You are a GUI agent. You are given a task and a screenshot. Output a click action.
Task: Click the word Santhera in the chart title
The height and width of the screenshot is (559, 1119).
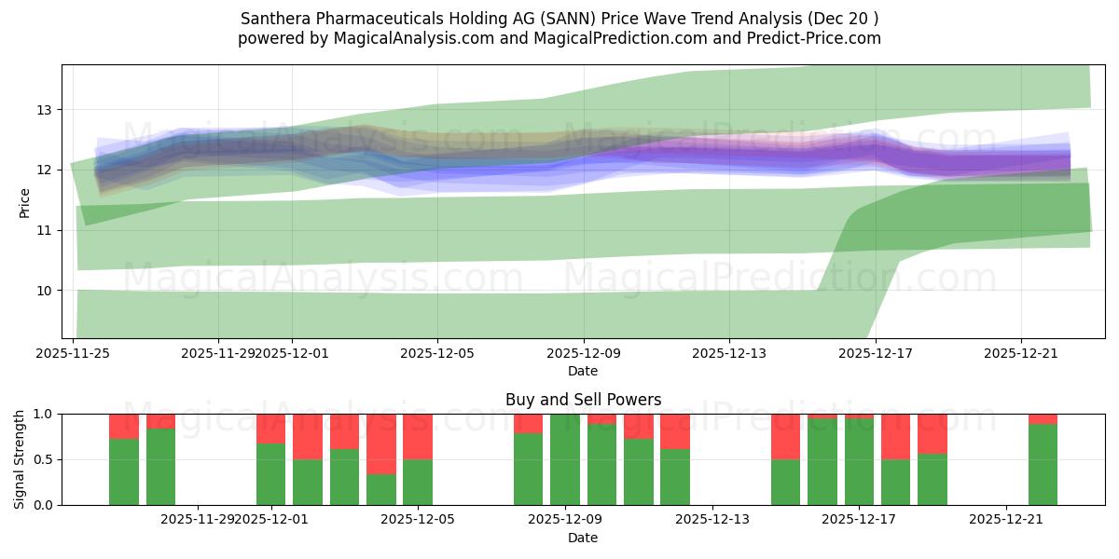click(x=272, y=19)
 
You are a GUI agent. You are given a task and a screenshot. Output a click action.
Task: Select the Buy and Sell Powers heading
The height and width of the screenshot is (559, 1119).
click(x=583, y=400)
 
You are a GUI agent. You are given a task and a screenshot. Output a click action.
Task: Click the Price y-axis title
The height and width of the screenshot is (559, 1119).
click(x=25, y=202)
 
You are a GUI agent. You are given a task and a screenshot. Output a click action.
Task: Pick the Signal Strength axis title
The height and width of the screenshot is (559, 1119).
click(x=20, y=459)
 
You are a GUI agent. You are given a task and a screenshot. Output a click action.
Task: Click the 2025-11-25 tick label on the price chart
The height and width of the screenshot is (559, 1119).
click(x=73, y=353)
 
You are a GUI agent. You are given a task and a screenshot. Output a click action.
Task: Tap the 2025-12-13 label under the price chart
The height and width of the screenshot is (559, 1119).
click(x=729, y=353)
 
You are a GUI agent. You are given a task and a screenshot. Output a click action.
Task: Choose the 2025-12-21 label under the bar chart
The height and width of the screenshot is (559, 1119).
click(x=1006, y=520)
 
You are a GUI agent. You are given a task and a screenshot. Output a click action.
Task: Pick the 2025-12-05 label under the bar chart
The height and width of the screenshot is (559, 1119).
click(x=417, y=520)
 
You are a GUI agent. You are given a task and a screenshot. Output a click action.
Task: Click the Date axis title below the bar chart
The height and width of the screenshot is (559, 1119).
click(x=583, y=538)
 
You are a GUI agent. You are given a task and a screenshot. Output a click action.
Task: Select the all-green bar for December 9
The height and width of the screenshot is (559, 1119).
click(x=564, y=459)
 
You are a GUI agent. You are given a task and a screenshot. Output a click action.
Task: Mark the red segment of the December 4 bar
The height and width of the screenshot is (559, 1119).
click(x=380, y=443)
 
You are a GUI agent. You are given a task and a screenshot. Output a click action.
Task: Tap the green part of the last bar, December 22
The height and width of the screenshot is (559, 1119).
click(x=1043, y=464)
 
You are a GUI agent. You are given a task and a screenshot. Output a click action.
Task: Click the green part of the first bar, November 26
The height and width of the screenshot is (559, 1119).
click(x=124, y=472)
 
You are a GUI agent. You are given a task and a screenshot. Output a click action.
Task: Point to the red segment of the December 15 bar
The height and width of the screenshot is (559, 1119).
click(x=785, y=436)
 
